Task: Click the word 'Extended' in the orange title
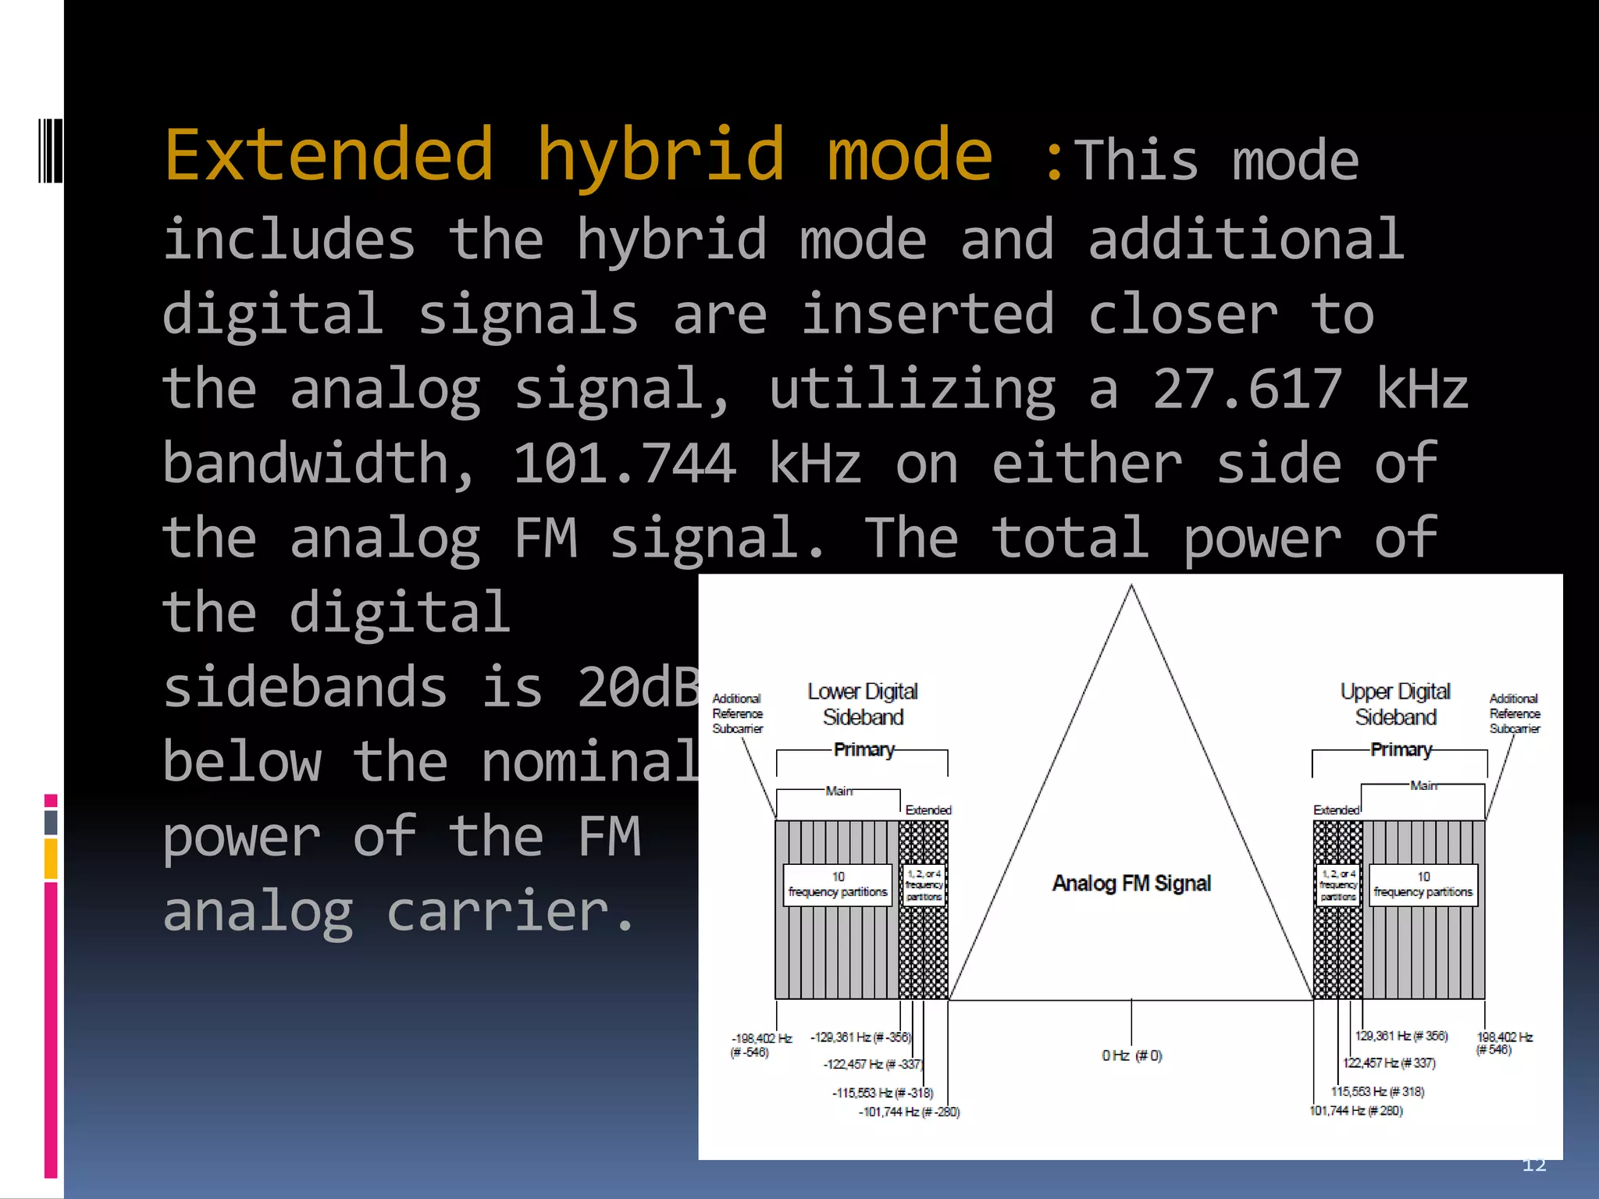[x=329, y=155]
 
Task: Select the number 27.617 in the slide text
[x=1248, y=389]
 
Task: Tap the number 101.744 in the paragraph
[x=624, y=464]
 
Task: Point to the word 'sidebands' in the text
[x=304, y=688]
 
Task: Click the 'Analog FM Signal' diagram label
[x=1131, y=884]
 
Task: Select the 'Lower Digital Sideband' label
[x=863, y=704]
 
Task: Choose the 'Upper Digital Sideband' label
[x=1395, y=704]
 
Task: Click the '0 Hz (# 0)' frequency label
[x=1131, y=1056]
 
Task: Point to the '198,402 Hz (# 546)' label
[x=1505, y=1044]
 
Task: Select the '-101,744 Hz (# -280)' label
[x=909, y=1112]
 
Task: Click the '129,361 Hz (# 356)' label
[x=1401, y=1037]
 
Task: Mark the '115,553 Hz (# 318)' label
[x=1378, y=1092]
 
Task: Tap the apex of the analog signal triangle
[x=1131, y=587]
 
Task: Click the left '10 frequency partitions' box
[x=838, y=885]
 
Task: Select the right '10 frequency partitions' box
[x=1423, y=885]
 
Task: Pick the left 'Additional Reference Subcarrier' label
[x=737, y=713]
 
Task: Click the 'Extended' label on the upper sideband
[x=1336, y=810]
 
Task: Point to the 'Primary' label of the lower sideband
[x=864, y=750]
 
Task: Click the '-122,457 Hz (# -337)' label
[x=872, y=1065]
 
